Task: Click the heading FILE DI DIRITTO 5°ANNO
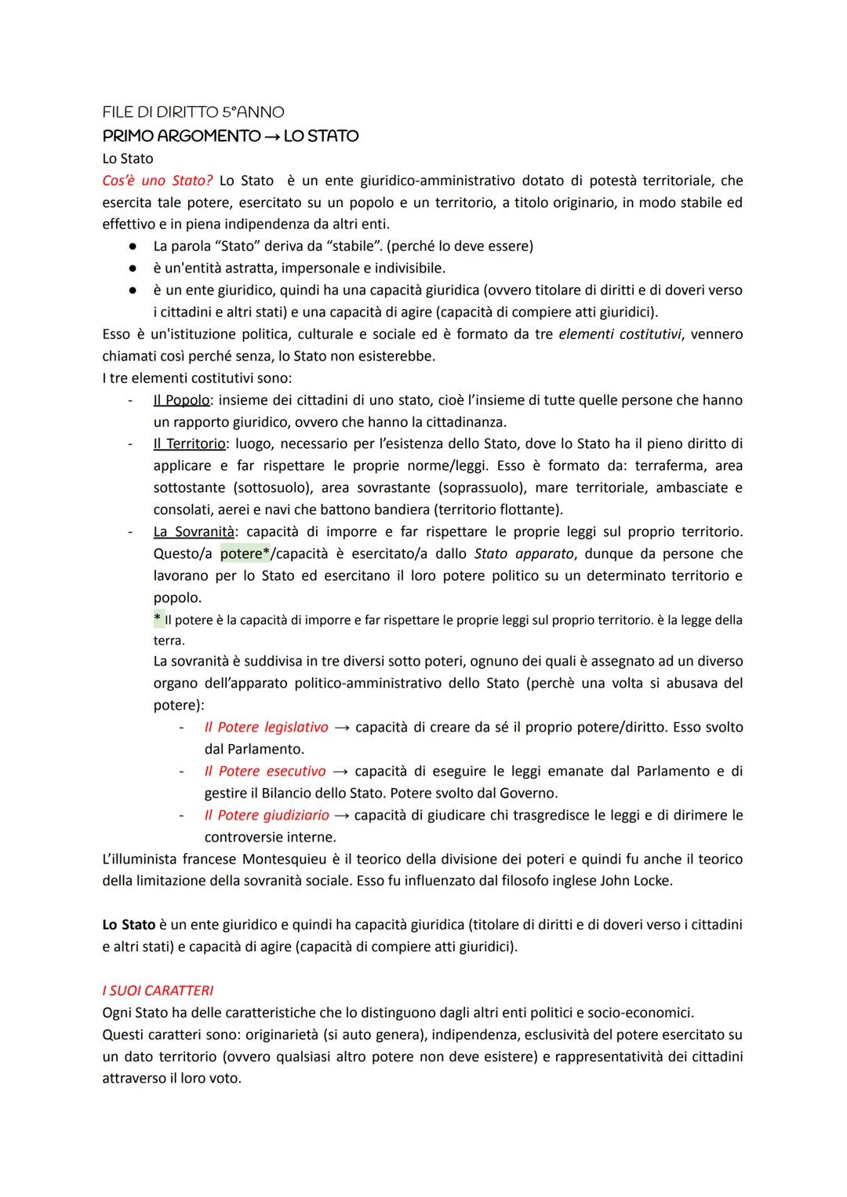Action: pyautogui.click(x=193, y=112)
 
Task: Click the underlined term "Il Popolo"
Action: pyautogui.click(x=181, y=400)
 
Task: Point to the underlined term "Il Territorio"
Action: pyautogui.click(x=189, y=444)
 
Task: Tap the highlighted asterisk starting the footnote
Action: pyautogui.click(x=158, y=620)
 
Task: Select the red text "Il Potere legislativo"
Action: pyautogui.click(x=266, y=728)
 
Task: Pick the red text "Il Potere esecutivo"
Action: pyautogui.click(x=264, y=772)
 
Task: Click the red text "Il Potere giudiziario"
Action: pyautogui.click(x=266, y=816)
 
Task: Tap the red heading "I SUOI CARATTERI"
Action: pyautogui.click(x=158, y=991)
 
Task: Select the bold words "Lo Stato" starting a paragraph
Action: pyautogui.click(x=129, y=925)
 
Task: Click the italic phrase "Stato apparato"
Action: pyautogui.click(x=523, y=554)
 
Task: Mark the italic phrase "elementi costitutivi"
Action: pyautogui.click(x=620, y=334)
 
